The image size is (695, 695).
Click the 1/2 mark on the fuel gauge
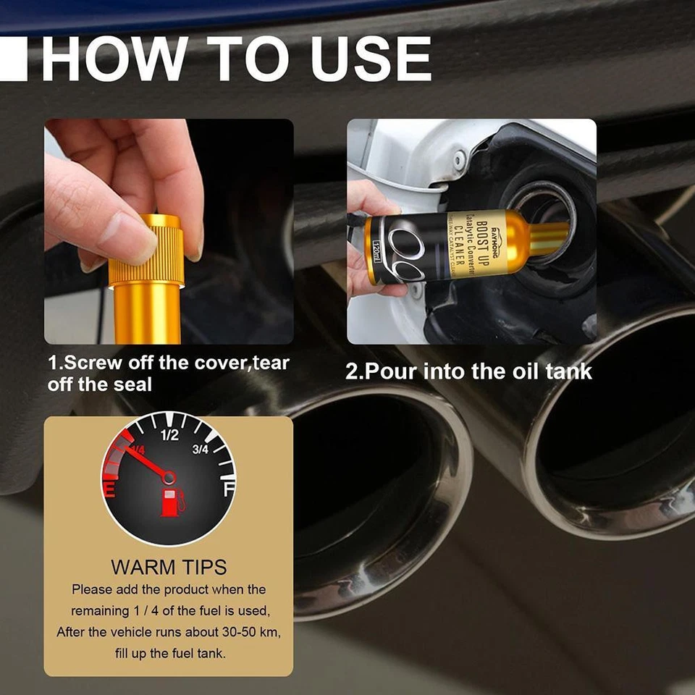click(169, 435)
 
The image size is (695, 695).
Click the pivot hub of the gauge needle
click(169, 477)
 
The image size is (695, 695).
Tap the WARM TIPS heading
click(169, 567)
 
